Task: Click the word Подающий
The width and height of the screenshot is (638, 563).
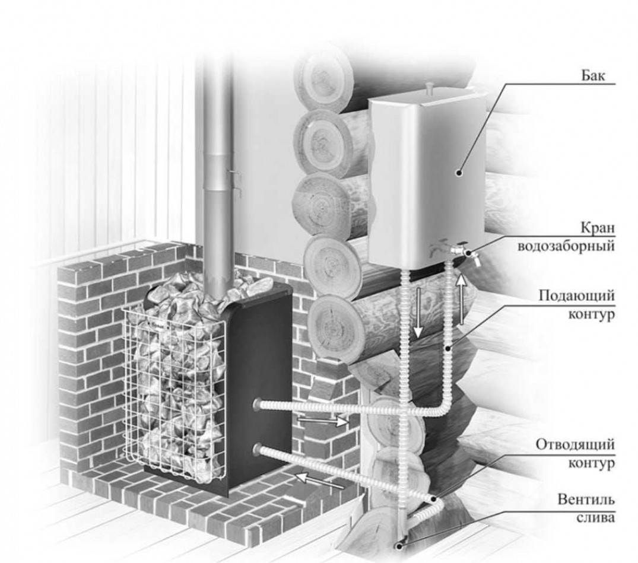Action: coord(576,295)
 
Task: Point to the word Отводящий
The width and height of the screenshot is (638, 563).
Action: coord(574,444)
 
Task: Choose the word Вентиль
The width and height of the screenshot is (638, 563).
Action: coord(586,499)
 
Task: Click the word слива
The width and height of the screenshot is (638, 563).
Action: coord(596,517)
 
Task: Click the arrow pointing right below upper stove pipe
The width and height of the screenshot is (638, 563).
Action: coord(322,421)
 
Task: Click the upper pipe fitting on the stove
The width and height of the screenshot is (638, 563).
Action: coord(257,405)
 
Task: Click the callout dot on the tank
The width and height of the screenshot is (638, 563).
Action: coord(459,173)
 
